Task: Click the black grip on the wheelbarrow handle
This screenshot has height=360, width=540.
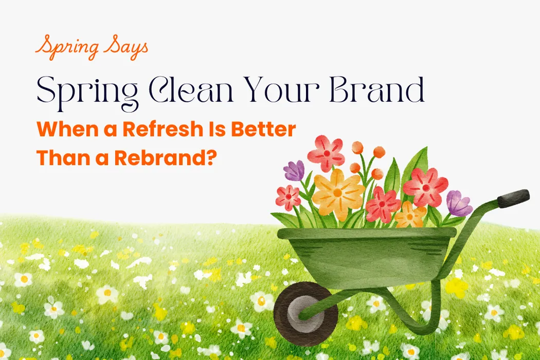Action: click(x=513, y=198)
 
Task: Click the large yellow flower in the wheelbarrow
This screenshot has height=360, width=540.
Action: click(x=337, y=193)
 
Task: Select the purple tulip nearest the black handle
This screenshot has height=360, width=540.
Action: click(x=458, y=204)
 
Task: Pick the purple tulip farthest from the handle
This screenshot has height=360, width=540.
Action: click(x=295, y=171)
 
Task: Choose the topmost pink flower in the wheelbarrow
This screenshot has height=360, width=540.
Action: click(x=326, y=153)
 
